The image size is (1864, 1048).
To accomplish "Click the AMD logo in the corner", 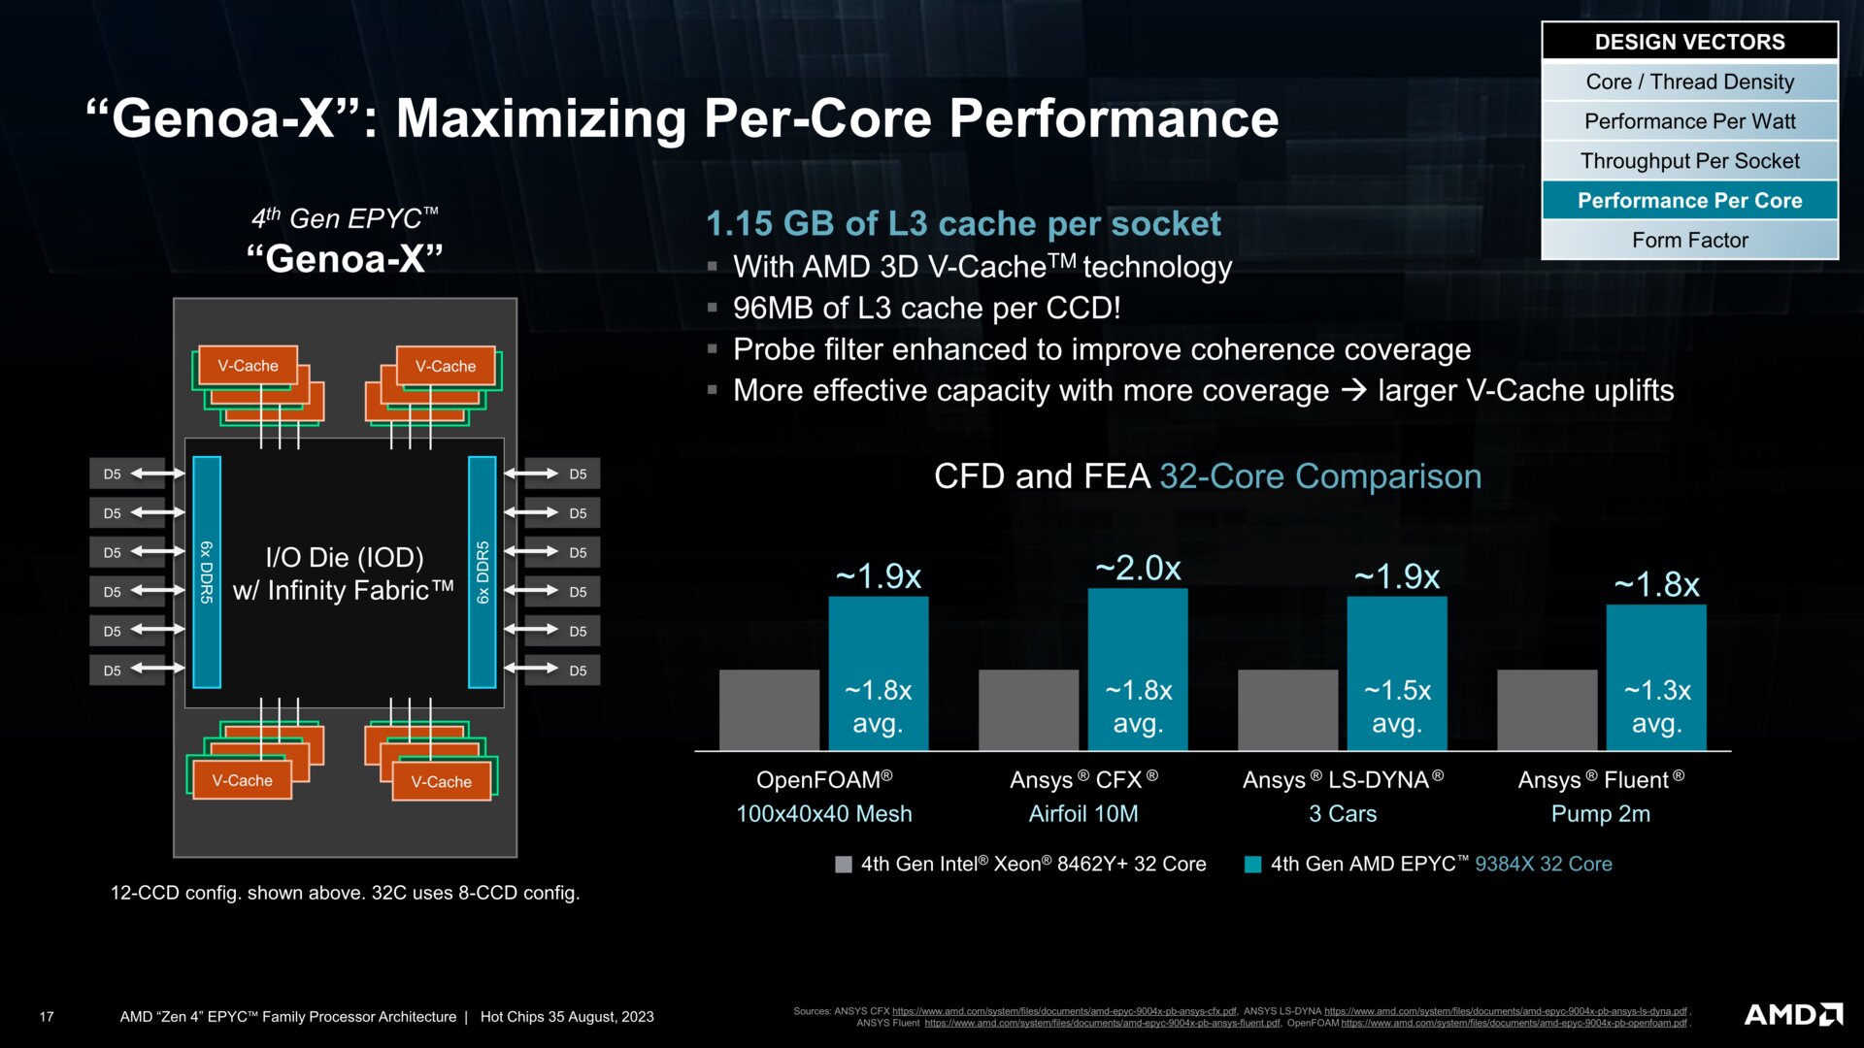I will [1793, 1015].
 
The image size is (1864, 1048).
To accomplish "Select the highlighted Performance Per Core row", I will [1689, 200].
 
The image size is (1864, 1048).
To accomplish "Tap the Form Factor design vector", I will [1689, 240].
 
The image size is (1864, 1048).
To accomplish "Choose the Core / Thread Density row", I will [1689, 82].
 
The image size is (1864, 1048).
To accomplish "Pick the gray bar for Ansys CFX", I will [1028, 709].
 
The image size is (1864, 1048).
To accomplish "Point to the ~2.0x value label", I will [1138, 568].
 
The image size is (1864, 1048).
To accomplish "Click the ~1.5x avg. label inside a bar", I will [1397, 705].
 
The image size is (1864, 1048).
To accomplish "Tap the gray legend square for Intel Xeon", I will [844, 864].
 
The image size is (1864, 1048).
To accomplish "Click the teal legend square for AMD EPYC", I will [1253, 864].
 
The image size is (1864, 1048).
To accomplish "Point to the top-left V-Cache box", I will [248, 366].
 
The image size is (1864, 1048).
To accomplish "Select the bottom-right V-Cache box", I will [441, 781].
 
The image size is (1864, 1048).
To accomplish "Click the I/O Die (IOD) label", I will [345, 557].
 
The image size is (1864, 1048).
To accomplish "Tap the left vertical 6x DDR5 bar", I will [207, 572].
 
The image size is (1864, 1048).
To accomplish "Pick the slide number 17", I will [47, 1017].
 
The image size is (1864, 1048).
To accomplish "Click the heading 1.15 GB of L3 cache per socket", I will [962, 223].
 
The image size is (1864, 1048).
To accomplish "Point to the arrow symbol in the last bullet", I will [1352, 390].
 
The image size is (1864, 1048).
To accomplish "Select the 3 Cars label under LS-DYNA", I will [1342, 813].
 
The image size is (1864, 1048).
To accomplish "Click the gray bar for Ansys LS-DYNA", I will [1287, 709].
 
